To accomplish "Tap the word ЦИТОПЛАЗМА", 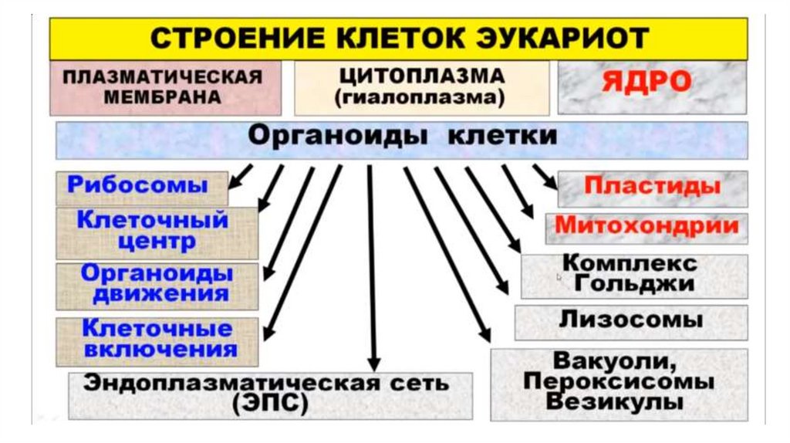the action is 421,76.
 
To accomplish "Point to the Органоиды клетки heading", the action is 401,136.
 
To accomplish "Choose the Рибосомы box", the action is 138,185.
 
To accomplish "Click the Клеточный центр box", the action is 153,231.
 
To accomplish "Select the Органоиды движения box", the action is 157,283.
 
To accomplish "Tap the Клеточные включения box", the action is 157,338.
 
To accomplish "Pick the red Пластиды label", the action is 652,187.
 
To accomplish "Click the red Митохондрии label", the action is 647,227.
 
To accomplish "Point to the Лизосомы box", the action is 630,320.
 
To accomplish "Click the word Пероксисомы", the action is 618,381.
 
